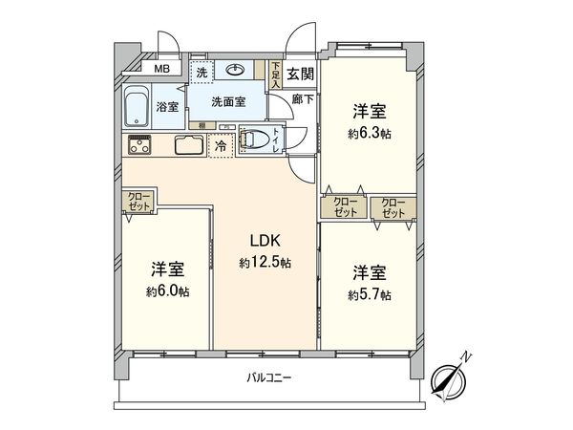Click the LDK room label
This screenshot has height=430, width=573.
click(x=265, y=242)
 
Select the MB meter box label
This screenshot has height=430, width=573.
click(x=162, y=68)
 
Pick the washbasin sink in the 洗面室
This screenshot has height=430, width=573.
click(x=235, y=70)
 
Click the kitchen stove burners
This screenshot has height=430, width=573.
click(x=140, y=145)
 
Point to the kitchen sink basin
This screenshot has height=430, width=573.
click(x=188, y=147)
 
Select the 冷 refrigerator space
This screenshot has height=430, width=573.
click(x=221, y=146)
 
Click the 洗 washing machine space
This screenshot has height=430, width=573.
click(x=201, y=71)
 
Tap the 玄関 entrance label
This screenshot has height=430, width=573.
click(x=298, y=74)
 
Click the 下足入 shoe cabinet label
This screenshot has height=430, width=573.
click(x=276, y=75)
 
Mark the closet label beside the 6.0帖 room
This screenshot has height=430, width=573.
click(x=137, y=202)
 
